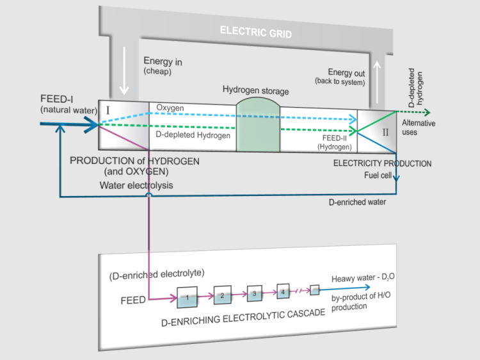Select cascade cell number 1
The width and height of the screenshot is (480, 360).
pyautogui.click(x=187, y=297)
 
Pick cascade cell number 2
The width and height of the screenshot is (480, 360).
pyautogui.click(x=222, y=295)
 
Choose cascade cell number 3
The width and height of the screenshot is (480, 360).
pyautogui.click(x=255, y=293)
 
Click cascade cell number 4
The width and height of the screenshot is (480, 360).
pyautogui.click(x=284, y=291)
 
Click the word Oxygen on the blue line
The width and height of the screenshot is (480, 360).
pyautogui.click(x=170, y=108)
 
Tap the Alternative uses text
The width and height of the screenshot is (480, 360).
pyautogui.click(x=420, y=127)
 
